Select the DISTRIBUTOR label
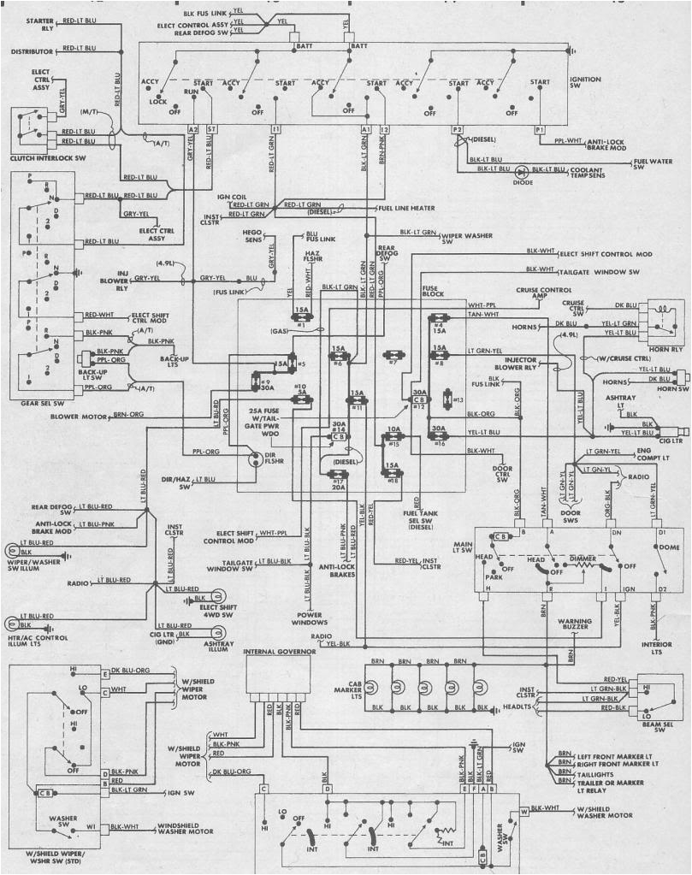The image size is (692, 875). pyautogui.click(x=33, y=51)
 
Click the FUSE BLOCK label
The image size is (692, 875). pyautogui.click(x=434, y=292)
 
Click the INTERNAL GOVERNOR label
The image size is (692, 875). pyautogui.click(x=280, y=652)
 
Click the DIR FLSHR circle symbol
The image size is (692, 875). pyautogui.click(x=254, y=459)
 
